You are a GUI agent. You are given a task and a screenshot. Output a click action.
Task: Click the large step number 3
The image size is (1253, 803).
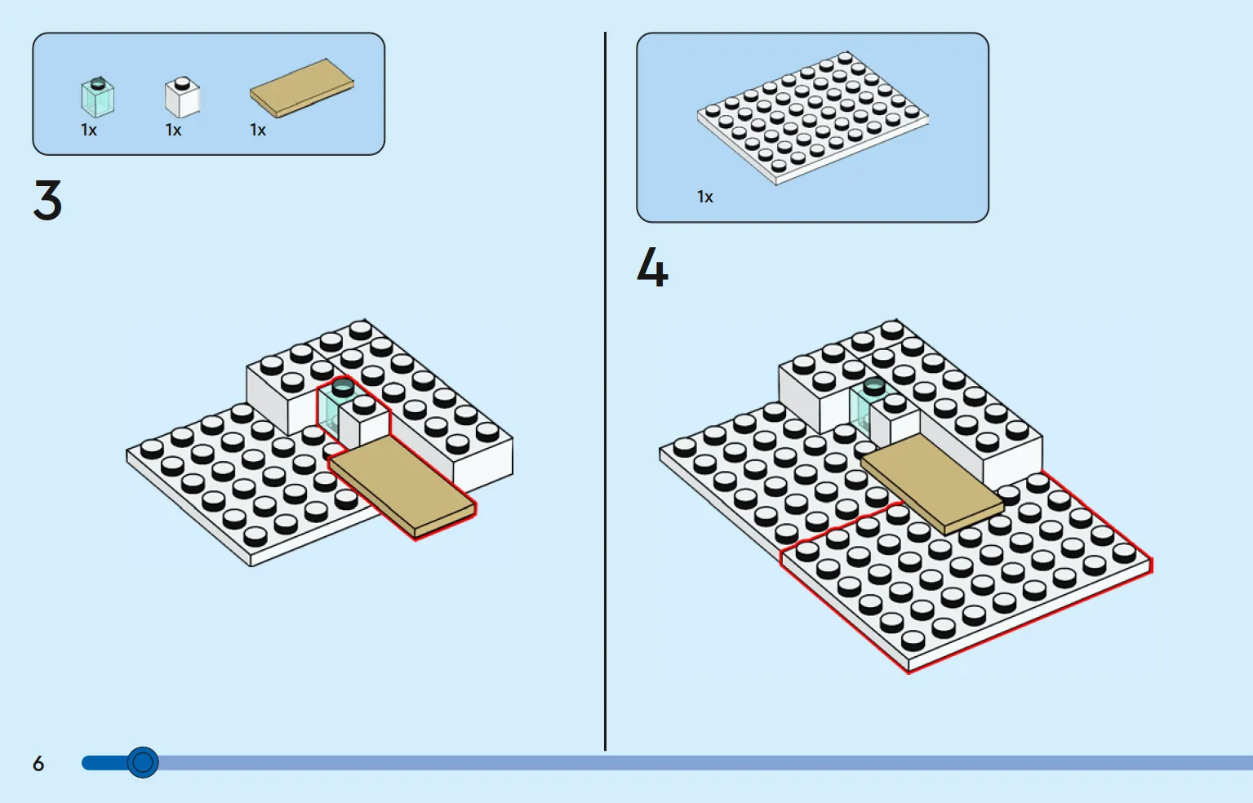point(47,200)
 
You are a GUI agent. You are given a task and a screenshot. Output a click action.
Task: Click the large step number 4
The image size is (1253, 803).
point(652,268)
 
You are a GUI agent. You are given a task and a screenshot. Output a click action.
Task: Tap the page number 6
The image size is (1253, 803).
point(38,763)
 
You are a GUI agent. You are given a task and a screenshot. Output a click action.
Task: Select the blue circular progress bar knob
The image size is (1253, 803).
point(143,762)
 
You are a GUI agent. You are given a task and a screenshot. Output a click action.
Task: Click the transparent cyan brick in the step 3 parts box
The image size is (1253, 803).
point(97,97)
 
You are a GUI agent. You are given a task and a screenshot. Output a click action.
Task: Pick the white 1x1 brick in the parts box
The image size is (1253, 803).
point(182,97)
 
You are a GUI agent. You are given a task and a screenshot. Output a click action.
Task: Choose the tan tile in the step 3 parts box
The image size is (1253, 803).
point(302,88)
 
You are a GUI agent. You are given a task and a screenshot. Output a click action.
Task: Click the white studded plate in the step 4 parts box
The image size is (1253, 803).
point(813,118)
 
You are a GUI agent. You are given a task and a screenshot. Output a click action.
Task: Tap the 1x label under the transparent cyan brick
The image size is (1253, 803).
point(89,131)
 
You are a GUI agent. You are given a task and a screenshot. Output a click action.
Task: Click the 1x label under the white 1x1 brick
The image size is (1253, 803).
point(173,131)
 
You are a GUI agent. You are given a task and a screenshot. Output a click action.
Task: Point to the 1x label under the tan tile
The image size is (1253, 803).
point(258,131)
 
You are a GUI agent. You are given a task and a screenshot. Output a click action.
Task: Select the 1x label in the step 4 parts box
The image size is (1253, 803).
point(704,197)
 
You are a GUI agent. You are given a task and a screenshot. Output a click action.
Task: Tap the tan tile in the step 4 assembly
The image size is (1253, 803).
point(932,484)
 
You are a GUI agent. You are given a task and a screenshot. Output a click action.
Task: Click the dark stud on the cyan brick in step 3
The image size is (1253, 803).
point(343,387)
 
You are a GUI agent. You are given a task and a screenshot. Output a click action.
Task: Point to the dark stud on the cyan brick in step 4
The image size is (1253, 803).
point(873,386)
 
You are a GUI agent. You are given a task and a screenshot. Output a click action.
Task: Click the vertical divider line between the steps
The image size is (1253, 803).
point(605,392)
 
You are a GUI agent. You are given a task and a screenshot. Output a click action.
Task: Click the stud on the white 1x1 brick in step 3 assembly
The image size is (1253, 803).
point(364,404)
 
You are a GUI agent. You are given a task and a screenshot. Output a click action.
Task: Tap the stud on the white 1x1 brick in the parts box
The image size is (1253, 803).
point(182,84)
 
